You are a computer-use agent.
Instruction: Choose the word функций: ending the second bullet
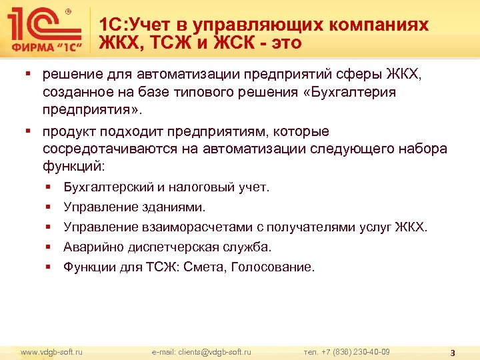click(73, 164)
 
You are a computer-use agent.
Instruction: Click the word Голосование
click(275, 267)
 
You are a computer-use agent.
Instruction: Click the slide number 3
click(453, 353)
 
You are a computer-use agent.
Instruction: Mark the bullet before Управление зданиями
click(49, 207)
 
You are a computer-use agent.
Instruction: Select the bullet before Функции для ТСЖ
click(49, 267)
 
